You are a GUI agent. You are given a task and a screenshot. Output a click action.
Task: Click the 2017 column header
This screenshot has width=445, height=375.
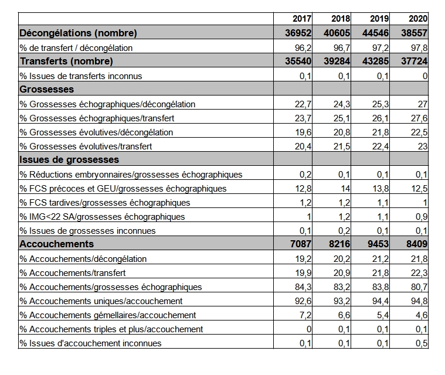click(x=302, y=19)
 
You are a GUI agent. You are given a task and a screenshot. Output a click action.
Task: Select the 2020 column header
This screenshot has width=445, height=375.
click(x=418, y=19)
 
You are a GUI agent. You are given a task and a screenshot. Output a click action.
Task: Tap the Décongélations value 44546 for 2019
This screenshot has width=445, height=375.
click(x=375, y=33)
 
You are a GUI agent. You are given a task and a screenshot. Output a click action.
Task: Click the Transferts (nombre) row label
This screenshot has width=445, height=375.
click(x=66, y=61)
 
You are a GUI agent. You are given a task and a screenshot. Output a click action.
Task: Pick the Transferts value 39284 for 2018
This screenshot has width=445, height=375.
click(x=337, y=61)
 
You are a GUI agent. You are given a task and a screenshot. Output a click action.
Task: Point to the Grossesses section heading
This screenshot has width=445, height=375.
click(x=47, y=89)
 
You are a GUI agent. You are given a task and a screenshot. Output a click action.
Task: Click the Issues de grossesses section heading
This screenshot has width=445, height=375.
click(x=69, y=159)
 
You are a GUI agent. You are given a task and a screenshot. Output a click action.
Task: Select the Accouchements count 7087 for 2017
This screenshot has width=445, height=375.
click(x=301, y=244)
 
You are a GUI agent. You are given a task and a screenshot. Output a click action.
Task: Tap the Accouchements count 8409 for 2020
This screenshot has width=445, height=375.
click(x=417, y=244)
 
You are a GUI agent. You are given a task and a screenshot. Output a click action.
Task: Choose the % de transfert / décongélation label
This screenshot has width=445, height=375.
click(x=76, y=48)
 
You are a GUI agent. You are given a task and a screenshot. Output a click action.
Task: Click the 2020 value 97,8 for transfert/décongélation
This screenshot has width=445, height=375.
click(x=419, y=48)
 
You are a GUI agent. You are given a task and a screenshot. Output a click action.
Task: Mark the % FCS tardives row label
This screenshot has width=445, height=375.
click(x=105, y=203)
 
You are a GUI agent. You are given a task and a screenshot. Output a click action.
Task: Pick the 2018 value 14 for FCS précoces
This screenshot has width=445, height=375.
click(x=345, y=189)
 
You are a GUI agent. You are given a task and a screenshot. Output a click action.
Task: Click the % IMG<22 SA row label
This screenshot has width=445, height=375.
click(x=102, y=217)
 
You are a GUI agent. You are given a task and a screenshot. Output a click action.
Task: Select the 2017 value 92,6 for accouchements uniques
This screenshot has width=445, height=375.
click(x=303, y=301)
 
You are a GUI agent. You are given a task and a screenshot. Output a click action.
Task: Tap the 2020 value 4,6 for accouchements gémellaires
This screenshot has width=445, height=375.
click(x=422, y=315)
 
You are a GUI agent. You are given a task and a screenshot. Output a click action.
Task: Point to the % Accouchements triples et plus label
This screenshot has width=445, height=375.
click(x=111, y=329)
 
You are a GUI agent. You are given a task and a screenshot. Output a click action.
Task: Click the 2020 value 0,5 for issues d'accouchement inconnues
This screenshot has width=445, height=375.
click(x=422, y=343)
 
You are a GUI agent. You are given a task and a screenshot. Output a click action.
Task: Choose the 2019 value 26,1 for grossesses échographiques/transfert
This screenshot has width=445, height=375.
click(x=381, y=118)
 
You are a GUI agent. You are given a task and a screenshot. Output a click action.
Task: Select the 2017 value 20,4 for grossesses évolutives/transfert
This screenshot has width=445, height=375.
click(x=303, y=146)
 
